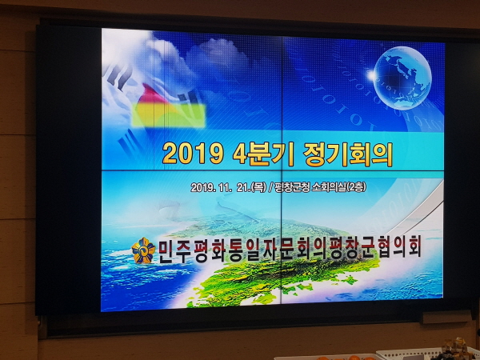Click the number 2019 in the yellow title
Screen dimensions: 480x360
pyautogui.click(x=193, y=154)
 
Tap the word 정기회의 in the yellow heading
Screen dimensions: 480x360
pyautogui.click(x=348, y=154)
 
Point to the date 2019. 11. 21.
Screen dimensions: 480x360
pyautogui.click(x=221, y=187)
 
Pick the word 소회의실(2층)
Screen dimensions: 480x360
pyautogui.click(x=338, y=186)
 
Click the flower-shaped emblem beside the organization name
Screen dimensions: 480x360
pyautogui.click(x=143, y=250)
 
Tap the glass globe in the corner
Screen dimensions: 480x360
pyautogui.click(x=402, y=78)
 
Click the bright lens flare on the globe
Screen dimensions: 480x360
pyautogui.click(x=372, y=75)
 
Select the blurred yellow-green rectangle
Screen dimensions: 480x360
pyautogui.click(x=168, y=115)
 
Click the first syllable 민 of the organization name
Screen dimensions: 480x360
pyautogui.click(x=167, y=250)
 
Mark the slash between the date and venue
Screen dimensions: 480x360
pyautogui.click(x=270, y=187)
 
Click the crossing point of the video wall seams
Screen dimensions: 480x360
pyautogui.click(x=282, y=170)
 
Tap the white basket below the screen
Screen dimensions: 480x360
pyautogui.click(x=429, y=354)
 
